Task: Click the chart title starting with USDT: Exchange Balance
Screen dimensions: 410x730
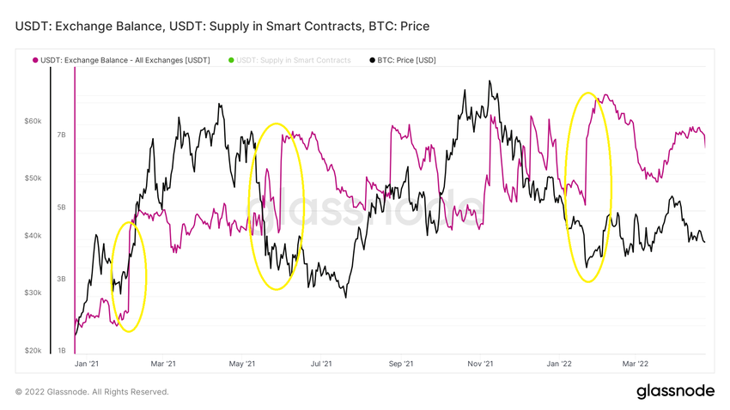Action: click(x=222, y=27)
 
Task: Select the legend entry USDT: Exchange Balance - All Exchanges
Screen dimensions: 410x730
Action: click(x=125, y=60)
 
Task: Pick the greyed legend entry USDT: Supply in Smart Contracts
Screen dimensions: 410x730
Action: click(x=293, y=60)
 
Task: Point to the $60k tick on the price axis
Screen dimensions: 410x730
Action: click(x=33, y=122)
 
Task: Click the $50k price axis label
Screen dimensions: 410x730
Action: click(x=33, y=178)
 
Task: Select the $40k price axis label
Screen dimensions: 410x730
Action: click(x=33, y=236)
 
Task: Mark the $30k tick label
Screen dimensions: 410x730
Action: click(x=33, y=293)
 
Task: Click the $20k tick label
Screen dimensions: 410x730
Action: click(x=33, y=351)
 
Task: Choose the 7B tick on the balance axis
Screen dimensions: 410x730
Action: click(x=62, y=136)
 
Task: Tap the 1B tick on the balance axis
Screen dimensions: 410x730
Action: click(x=62, y=351)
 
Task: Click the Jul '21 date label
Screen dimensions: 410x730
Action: click(x=321, y=364)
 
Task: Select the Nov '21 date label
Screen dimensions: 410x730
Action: click(x=479, y=364)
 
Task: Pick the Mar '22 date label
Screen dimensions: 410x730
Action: click(x=635, y=364)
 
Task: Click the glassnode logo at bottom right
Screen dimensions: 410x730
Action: click(x=675, y=391)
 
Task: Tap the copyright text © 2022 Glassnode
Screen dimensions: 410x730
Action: click(x=92, y=392)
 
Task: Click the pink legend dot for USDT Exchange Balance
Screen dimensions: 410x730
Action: click(x=35, y=60)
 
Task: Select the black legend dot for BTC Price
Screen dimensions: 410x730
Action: click(x=372, y=60)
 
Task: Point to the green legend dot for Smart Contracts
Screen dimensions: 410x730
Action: click(x=231, y=60)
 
